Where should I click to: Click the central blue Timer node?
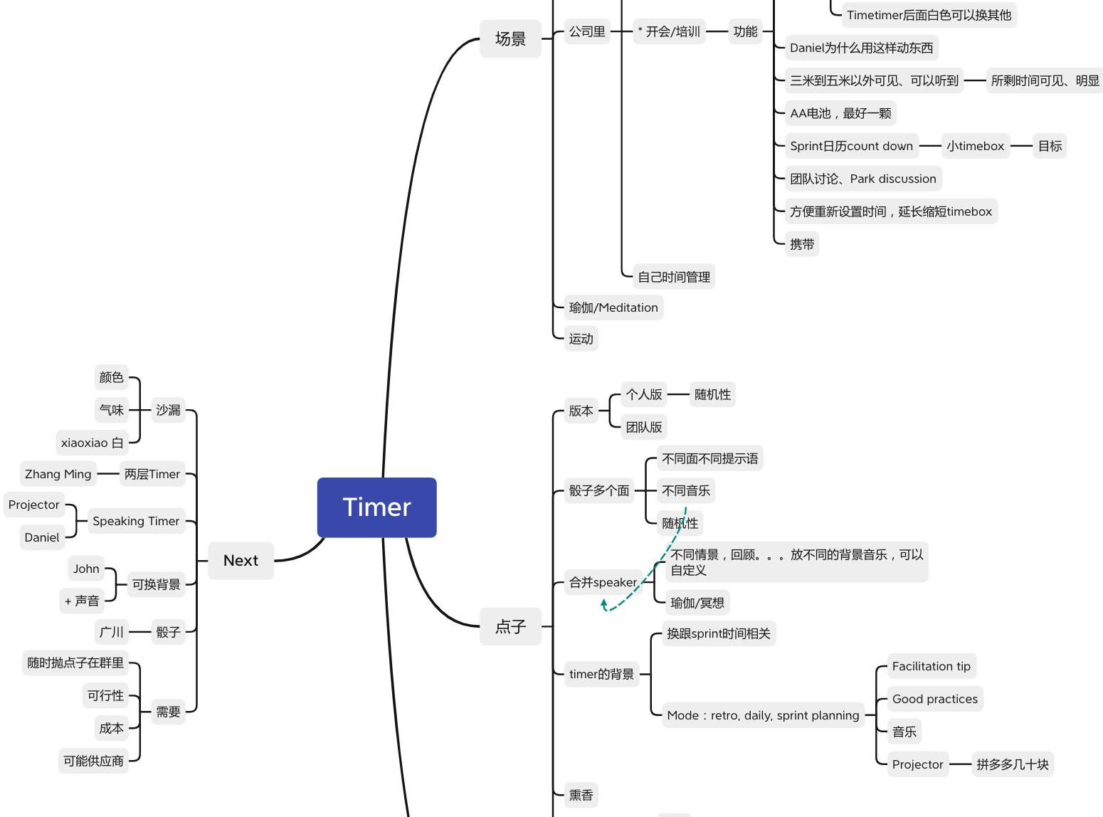(376, 507)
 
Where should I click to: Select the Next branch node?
(241, 560)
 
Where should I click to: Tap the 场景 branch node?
(510, 38)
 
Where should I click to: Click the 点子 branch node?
(510, 626)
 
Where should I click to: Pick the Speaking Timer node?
(136, 521)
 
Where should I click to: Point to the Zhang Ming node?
(58, 474)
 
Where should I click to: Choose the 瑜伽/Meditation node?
(613, 307)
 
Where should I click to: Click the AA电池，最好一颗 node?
(840, 113)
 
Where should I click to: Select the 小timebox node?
(975, 146)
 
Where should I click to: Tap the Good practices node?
(935, 699)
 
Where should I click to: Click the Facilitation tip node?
(932, 665)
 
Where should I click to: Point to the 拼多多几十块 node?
(1013, 764)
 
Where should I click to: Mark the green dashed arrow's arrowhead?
(603, 603)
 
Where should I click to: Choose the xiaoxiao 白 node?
(92, 443)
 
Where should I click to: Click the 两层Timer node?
(152, 474)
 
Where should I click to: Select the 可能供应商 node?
(93, 761)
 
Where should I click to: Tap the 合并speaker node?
(603, 582)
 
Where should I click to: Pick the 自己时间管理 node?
(674, 277)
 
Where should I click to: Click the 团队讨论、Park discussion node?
(863, 179)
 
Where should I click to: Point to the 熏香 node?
(581, 795)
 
